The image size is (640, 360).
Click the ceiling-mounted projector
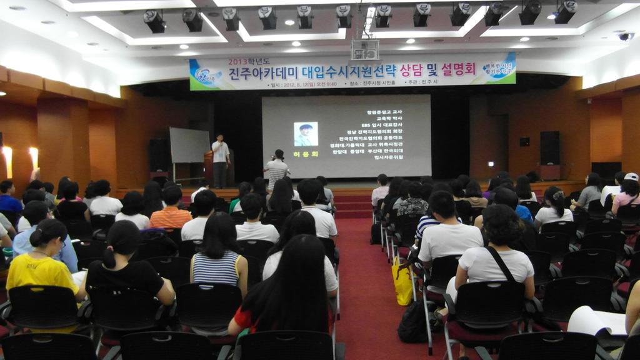click(365, 49)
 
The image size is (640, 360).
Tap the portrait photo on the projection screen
click(306, 134)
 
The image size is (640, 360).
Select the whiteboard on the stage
click(189, 145)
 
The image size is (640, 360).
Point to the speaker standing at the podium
click(219, 159)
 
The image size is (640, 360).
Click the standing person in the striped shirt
click(276, 170)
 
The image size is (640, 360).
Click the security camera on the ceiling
click(625, 37)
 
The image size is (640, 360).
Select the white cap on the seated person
click(631, 177)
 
